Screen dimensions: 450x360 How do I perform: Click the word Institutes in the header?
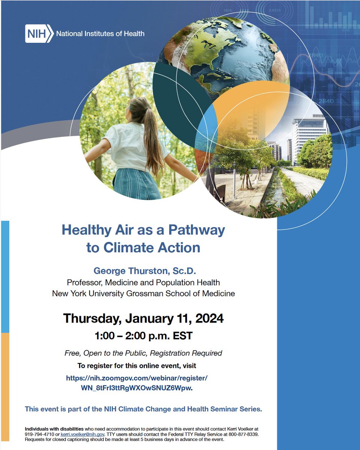tap(99, 34)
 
